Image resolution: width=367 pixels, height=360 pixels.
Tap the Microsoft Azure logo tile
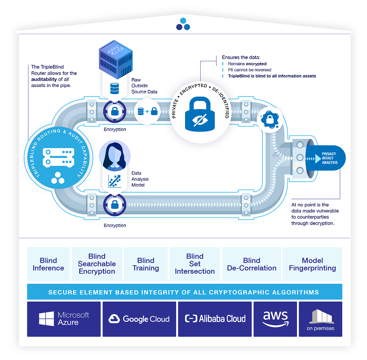coord(64,319)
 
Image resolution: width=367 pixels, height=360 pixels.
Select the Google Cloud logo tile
coord(139,319)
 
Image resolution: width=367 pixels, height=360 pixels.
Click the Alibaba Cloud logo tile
coord(215,319)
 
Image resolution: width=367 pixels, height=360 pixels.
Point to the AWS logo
coord(275,319)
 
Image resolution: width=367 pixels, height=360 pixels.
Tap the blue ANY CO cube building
coord(116,59)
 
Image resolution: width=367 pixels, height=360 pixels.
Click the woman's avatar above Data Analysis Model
coord(115,156)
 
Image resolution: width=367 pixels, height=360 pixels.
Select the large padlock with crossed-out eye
coord(200,114)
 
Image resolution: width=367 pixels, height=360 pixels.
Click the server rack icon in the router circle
coord(58,157)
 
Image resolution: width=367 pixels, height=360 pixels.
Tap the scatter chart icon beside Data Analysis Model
coord(115,181)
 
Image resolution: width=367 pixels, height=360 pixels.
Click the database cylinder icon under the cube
coord(114,88)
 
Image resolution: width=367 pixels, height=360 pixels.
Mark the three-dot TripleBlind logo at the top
coord(183,24)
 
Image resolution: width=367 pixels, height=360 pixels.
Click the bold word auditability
coord(44,79)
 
